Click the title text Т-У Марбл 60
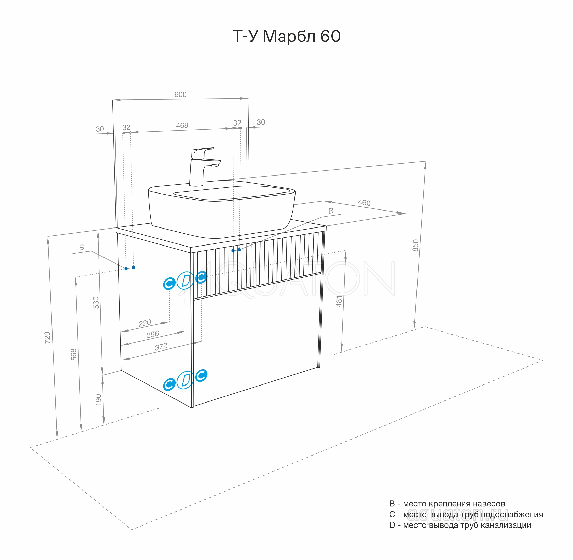287,37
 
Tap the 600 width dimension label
180,94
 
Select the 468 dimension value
182,125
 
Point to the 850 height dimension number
415,245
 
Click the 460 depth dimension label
364,203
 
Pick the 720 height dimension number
47,338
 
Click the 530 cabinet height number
96,303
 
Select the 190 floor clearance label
98,400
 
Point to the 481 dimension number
339,302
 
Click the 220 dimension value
145,323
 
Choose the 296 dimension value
153,335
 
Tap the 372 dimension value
161,347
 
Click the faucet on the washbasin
203,166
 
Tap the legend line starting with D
460,525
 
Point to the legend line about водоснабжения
466,514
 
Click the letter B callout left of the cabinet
82,248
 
